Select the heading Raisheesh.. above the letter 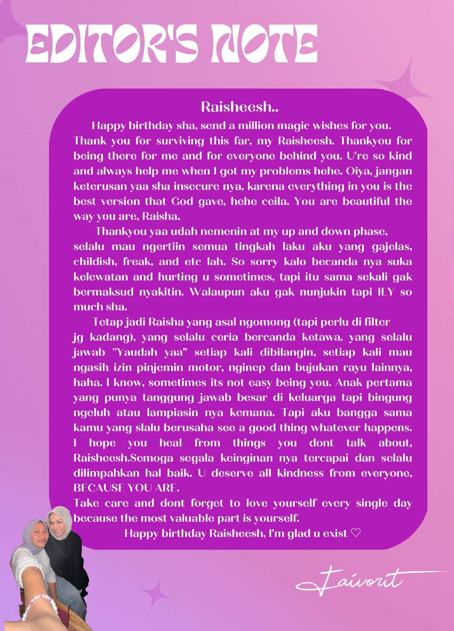tap(240, 107)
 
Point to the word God tap(182, 201)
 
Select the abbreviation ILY tap(386, 292)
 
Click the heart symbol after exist tap(356, 533)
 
